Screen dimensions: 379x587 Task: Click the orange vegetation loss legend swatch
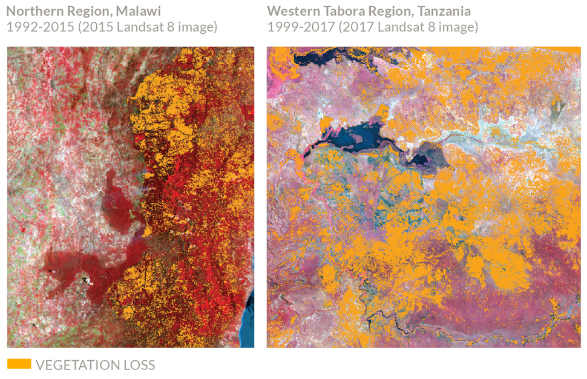19,364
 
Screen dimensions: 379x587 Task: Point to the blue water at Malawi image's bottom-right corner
248,333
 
